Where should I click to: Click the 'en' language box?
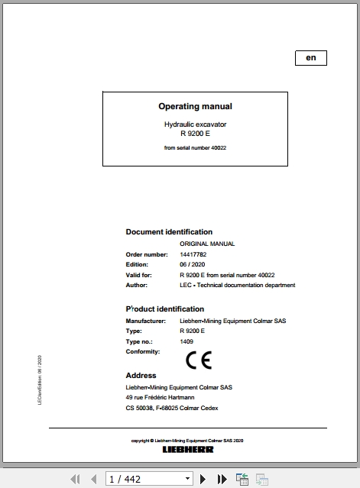310,58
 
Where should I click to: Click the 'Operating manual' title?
195,107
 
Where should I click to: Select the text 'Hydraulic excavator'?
195,124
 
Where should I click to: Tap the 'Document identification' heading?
169,231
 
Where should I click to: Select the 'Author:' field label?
136,285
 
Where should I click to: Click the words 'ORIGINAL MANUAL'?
207,244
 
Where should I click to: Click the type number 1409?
186,341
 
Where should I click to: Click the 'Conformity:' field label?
143,352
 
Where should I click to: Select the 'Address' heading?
141,376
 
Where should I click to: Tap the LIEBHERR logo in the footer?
188,449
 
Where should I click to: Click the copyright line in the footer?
187,441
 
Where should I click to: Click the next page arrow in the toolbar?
203,480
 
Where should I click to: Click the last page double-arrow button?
222,480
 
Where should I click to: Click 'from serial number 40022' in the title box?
195,147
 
